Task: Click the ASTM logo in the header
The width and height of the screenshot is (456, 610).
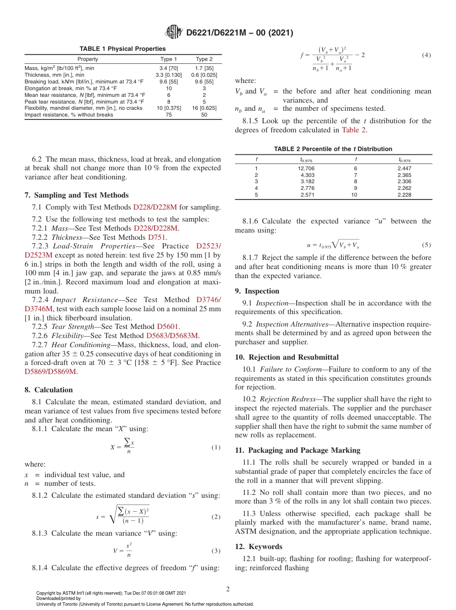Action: pyautogui.click(x=173, y=32)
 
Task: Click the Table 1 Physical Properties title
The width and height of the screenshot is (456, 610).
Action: pyautogui.click(x=122, y=49)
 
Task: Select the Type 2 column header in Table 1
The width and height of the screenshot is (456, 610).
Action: pyautogui.click(x=204, y=59)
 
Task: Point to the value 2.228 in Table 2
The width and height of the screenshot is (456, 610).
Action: pyautogui.click(x=404, y=195)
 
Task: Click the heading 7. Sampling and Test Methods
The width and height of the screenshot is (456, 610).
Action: pyautogui.click(x=76, y=195)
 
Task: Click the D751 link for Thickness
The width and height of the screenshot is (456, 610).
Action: pyautogui.click(x=157, y=237)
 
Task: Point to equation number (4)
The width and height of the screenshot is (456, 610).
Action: pyautogui.click(x=426, y=55)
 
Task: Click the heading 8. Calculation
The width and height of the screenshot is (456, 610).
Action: pyautogui.click(x=48, y=390)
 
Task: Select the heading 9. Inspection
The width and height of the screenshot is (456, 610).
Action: pyautogui.click(x=257, y=291)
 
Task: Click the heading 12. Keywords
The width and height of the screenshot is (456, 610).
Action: pyautogui.click(x=259, y=547)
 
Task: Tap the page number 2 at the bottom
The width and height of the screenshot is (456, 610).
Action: pyautogui.click(x=228, y=589)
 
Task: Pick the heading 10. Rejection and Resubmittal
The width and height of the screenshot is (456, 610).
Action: pyautogui.click(x=287, y=357)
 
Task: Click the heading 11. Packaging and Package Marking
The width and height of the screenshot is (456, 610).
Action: pyautogui.click(x=298, y=450)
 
